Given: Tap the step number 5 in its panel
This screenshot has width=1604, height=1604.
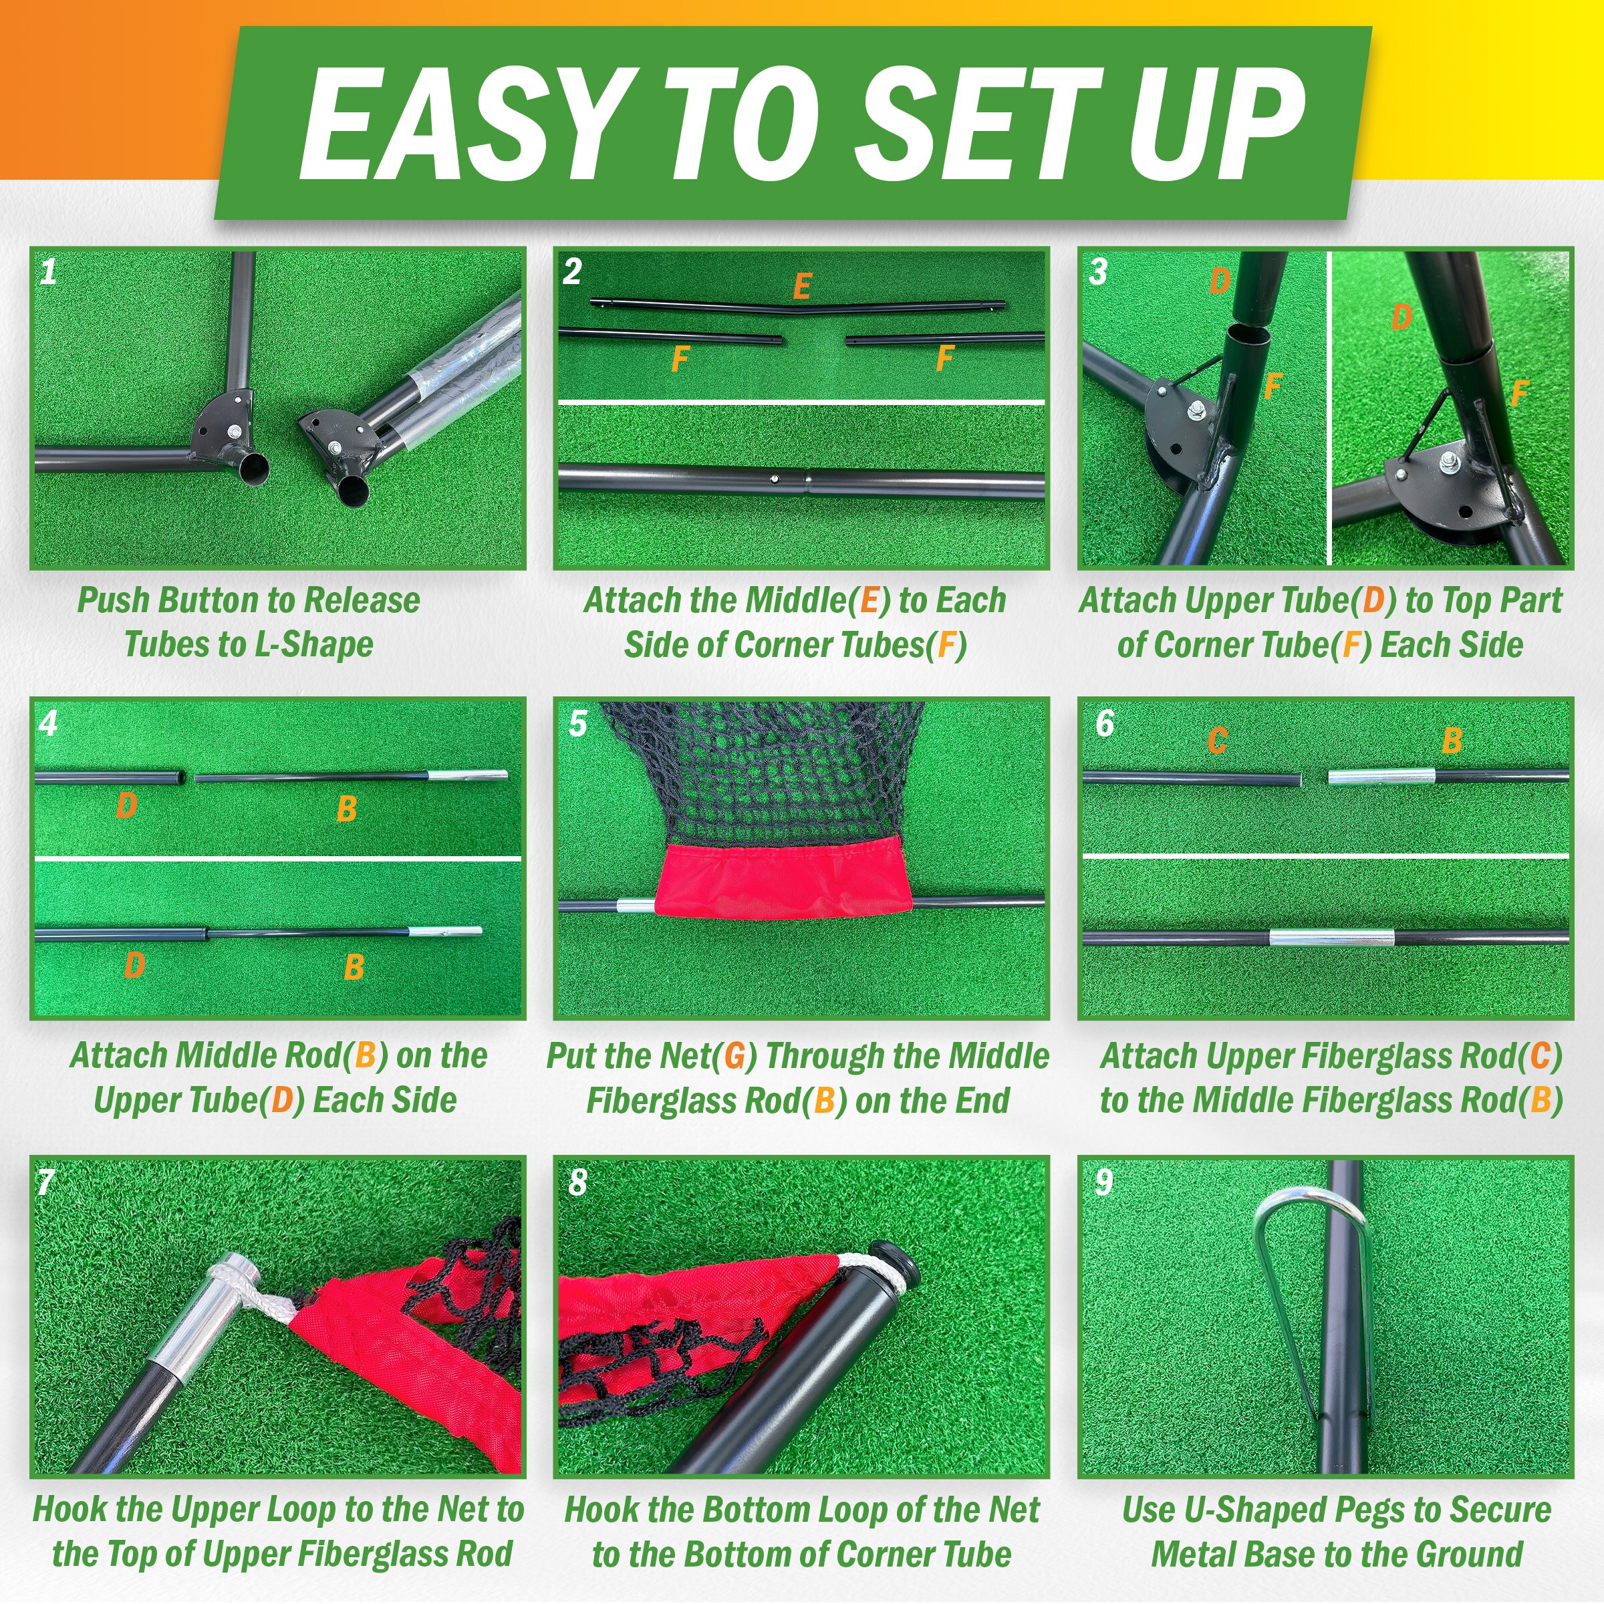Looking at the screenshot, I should point(579,723).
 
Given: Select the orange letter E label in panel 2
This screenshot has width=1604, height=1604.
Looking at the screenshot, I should point(801,287).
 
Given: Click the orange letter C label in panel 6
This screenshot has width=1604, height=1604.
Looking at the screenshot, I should point(1217,740).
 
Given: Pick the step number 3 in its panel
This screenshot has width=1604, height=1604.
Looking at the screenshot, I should point(1098,271).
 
